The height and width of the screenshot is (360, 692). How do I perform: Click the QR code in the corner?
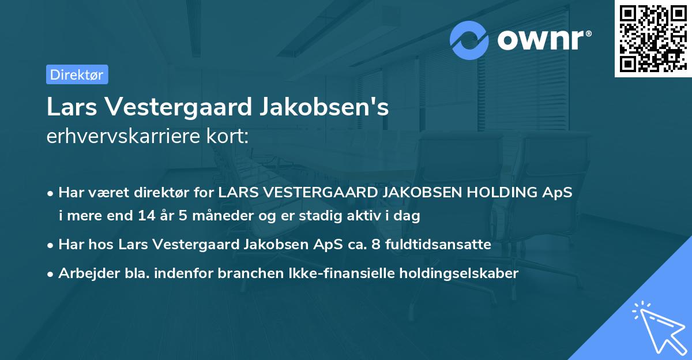(653, 39)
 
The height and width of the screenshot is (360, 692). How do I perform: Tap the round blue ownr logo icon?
(469, 40)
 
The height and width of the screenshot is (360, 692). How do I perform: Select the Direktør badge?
(77, 74)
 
